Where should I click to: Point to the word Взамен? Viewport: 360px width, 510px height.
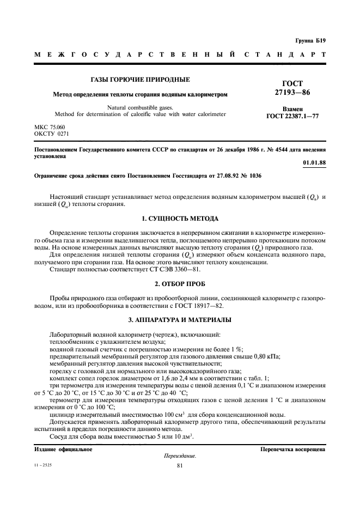[292, 109]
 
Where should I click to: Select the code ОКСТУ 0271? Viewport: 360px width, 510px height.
[52, 133]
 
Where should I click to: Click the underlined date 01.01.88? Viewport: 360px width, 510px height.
[314, 163]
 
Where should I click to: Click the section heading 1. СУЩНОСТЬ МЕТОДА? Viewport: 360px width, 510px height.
[180, 218]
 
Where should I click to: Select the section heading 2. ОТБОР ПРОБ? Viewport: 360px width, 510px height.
[180, 284]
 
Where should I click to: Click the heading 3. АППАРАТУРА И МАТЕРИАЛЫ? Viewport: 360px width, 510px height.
[180, 319]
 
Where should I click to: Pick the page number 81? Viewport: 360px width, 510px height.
[180, 465]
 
